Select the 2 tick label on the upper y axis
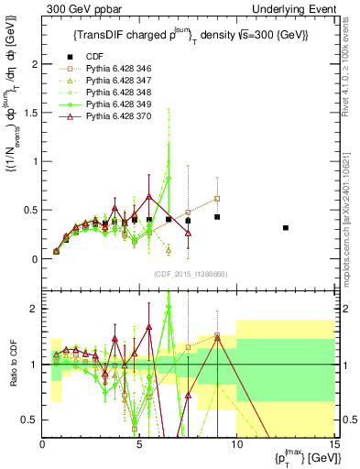point(35,64)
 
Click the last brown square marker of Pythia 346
point(217,198)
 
